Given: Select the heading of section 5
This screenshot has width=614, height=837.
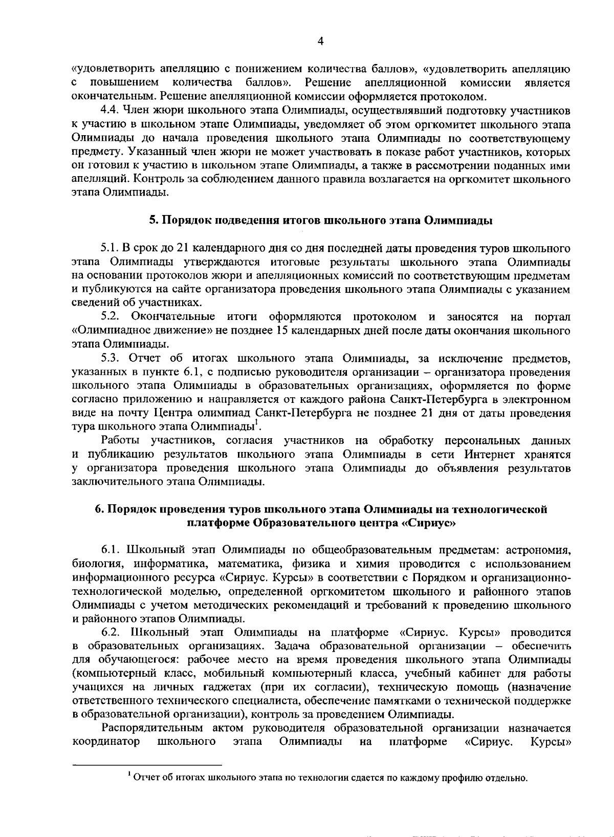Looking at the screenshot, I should coord(321,221).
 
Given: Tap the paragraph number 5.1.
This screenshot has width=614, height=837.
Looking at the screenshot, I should coord(110,248).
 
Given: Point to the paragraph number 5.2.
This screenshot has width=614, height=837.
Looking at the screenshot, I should coord(110,317).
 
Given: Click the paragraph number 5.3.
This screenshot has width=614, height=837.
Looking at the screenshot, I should coord(110,358).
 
